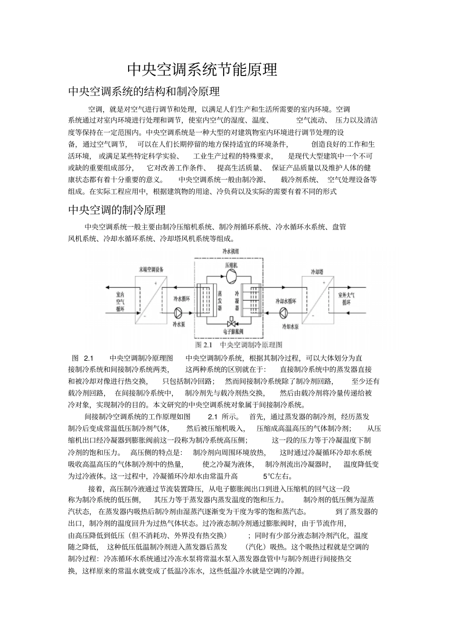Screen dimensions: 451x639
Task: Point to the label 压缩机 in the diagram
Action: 231,264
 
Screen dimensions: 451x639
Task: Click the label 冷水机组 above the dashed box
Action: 231,250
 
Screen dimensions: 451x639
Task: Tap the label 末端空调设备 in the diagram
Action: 151,269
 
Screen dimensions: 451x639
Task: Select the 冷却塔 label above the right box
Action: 317,272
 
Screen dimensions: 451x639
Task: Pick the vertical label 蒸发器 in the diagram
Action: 220,301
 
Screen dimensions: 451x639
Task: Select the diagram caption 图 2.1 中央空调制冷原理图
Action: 239,344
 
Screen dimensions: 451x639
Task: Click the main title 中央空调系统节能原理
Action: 202,70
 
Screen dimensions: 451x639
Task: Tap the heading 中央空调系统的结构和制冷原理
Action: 144,91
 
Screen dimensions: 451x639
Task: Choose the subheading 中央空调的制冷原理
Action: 117,210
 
